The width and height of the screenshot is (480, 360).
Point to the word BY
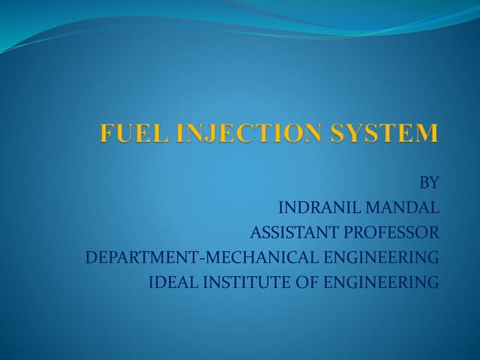pos(428,182)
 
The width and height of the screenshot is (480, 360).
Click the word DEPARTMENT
pos(139,257)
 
